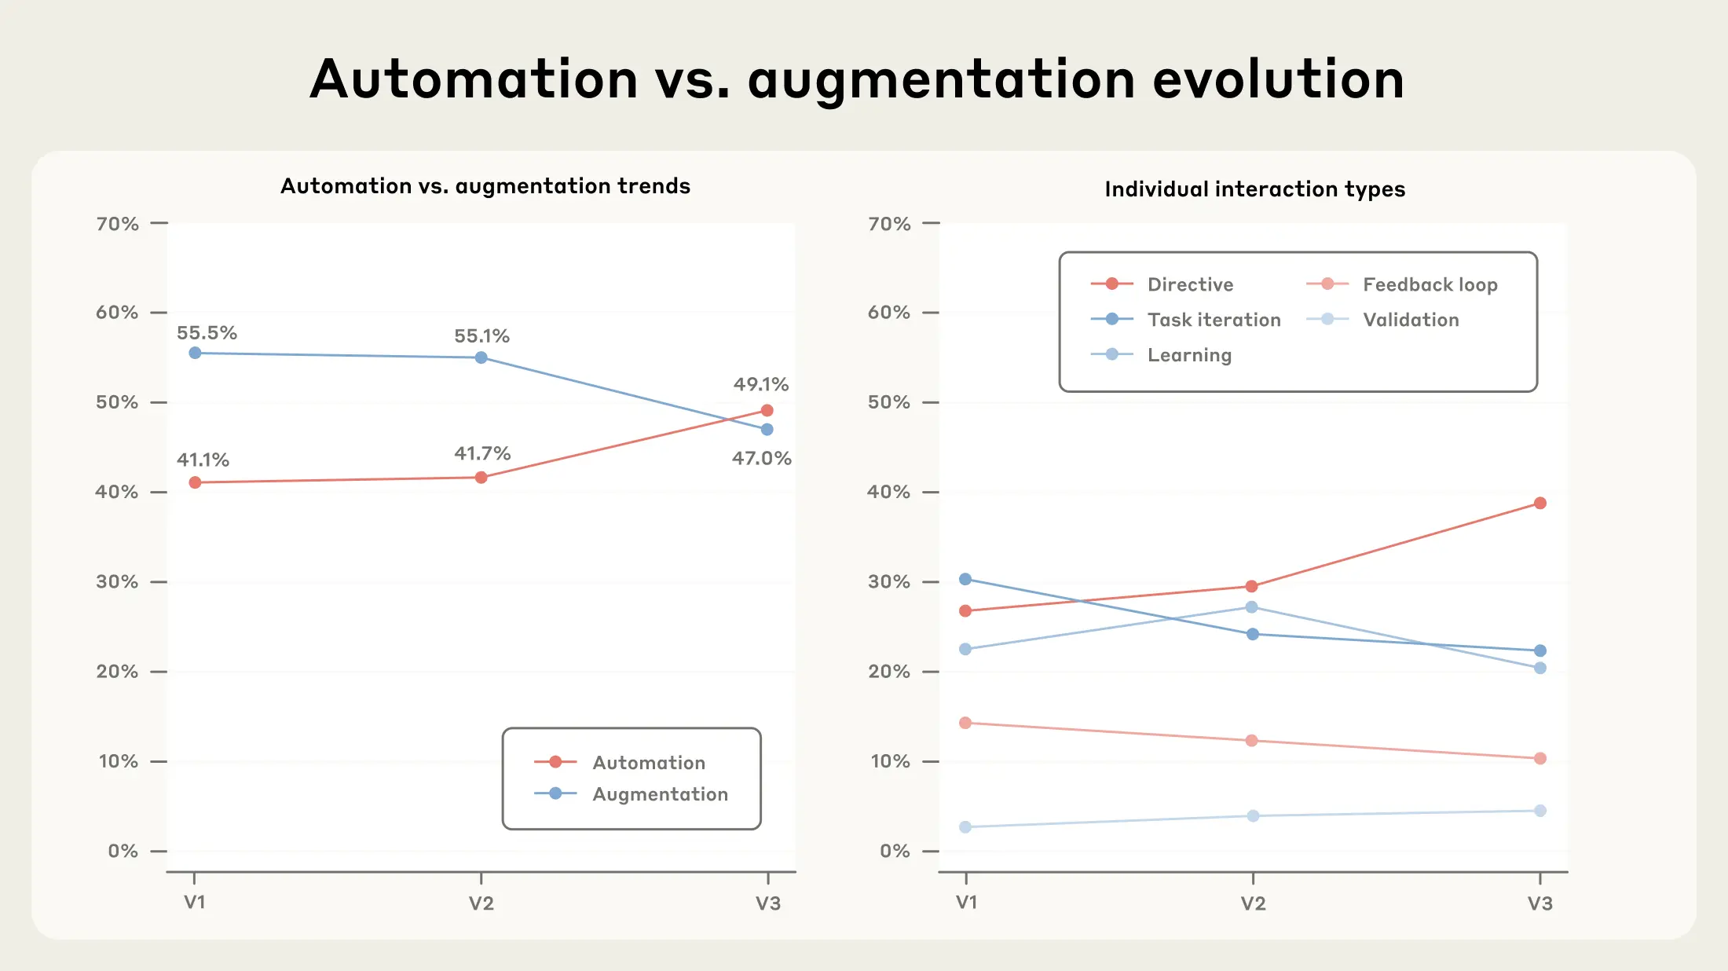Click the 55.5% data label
(x=207, y=333)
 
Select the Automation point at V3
(x=767, y=411)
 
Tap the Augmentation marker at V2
(x=481, y=358)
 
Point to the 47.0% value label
(x=761, y=459)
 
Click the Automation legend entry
(x=648, y=763)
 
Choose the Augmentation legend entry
(x=660, y=794)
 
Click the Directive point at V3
(x=1539, y=504)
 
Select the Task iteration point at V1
(x=965, y=580)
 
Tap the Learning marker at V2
(x=1252, y=607)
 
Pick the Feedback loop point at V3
(x=1539, y=759)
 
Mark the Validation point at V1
(x=965, y=827)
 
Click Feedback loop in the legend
(x=1430, y=284)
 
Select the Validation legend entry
(x=1411, y=320)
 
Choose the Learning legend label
(x=1189, y=355)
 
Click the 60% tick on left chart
(x=117, y=313)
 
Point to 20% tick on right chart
(x=889, y=672)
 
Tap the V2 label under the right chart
(x=1253, y=903)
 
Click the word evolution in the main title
(x=1278, y=79)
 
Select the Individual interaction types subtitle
(x=1254, y=189)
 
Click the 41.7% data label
(x=482, y=454)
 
